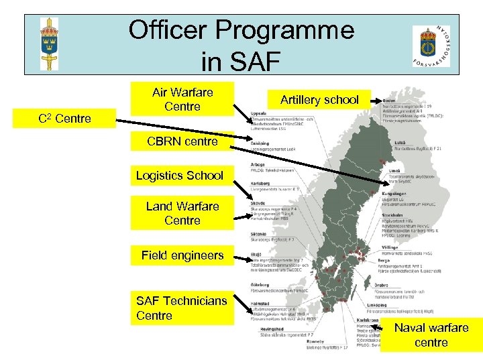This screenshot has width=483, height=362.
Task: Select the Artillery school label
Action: pyautogui.click(x=319, y=100)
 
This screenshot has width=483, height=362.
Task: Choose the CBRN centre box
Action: pyautogui.click(x=182, y=141)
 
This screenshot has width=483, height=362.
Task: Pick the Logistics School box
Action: pyautogui.click(x=179, y=176)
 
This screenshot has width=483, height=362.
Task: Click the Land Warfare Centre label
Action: pyautogui.click(x=182, y=213)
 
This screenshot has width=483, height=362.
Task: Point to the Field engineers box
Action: pyautogui.click(x=182, y=255)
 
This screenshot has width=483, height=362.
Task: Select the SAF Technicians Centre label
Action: pyautogui.click(x=182, y=308)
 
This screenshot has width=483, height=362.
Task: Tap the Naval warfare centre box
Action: pyautogui.click(x=431, y=335)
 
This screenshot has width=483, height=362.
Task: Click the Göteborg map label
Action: pyautogui.click(x=260, y=286)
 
